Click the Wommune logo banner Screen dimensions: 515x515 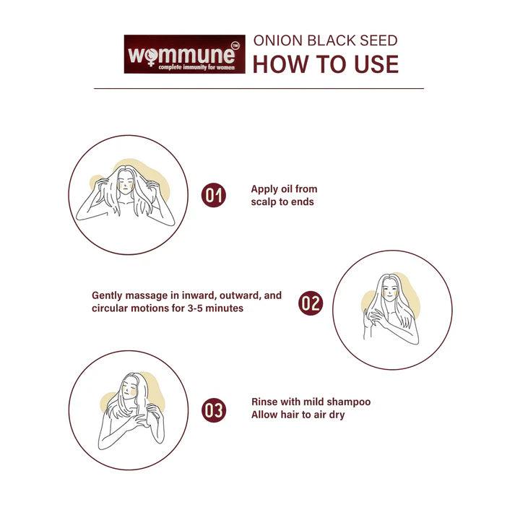pos(185,54)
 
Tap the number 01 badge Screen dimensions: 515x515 pos(214,195)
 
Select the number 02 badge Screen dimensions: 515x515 pos(311,303)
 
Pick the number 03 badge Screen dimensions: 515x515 pos(214,410)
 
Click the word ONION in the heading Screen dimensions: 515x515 pos(278,40)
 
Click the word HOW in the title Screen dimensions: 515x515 pos(280,64)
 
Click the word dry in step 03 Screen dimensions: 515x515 pos(337,415)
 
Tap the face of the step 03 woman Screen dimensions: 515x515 pos(129,389)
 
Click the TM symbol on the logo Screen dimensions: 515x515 pos(235,46)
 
